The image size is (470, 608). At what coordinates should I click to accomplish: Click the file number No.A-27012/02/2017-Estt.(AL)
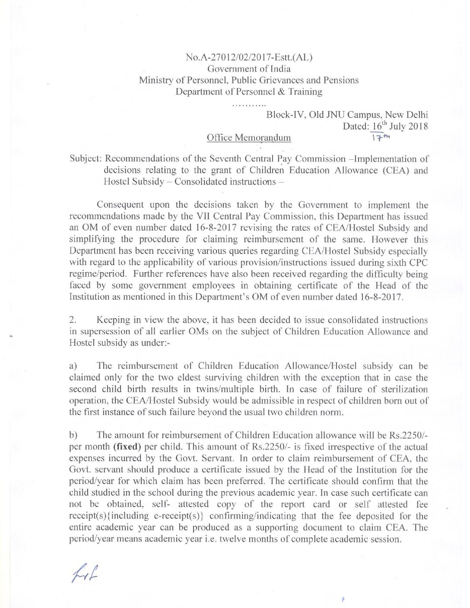248,57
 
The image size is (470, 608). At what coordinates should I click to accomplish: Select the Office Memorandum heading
249,138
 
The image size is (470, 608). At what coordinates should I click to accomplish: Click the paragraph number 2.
73,320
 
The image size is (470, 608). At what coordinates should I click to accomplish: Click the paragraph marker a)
73,366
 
